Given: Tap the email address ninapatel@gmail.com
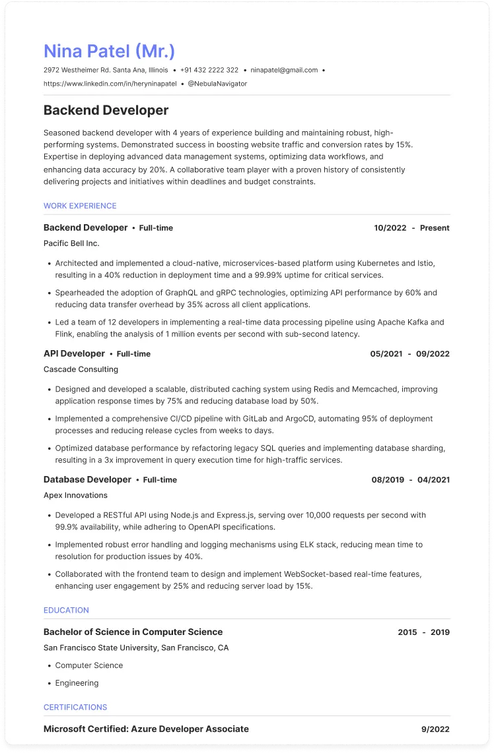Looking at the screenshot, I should point(284,70).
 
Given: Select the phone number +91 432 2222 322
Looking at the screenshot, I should point(209,70).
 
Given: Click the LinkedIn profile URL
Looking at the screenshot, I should point(110,84).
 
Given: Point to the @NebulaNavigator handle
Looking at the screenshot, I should point(217,84).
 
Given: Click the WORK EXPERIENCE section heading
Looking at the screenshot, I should point(80,206).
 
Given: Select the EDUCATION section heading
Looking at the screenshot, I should point(66,610).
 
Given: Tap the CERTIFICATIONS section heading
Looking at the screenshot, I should point(75,707).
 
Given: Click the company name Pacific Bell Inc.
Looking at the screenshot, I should point(71,243).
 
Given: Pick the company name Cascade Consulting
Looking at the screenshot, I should point(81,369).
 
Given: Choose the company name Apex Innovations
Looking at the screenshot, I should point(75,495).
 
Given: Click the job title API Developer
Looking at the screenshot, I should point(74,353).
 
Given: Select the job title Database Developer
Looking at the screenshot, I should point(87,479).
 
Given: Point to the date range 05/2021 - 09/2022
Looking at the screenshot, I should point(409,353).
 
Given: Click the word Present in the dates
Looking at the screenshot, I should point(435,227).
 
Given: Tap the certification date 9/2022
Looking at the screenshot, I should point(435,729).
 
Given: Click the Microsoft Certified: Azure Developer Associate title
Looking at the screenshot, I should point(146,729).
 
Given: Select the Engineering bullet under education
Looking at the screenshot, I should point(77,683).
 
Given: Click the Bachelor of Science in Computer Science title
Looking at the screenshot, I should point(133,632).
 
